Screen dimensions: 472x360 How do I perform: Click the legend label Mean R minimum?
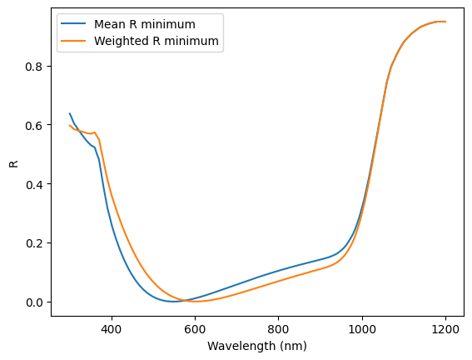[x=145, y=24]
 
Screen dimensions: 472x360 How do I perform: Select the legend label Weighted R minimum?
[x=157, y=41]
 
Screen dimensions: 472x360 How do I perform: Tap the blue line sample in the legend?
[x=73, y=24]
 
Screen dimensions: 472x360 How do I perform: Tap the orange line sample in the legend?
[x=73, y=41]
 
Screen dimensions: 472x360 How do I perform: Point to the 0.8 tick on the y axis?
[x=33, y=67]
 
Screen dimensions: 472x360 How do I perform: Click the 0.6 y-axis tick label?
[x=33, y=125]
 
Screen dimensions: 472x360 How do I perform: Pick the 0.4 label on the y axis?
[x=33, y=184]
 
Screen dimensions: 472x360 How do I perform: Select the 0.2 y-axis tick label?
[x=33, y=243]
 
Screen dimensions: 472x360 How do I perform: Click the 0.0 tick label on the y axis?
[x=33, y=302]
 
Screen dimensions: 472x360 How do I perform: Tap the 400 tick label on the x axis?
[x=112, y=329]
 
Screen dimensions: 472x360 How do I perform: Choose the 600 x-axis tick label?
[x=195, y=329]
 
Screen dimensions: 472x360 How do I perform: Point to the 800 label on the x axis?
[x=278, y=329]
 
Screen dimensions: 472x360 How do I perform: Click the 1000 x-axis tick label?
[x=362, y=329]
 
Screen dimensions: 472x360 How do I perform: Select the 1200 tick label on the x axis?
[x=445, y=329]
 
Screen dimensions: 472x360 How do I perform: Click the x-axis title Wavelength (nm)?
[x=257, y=346]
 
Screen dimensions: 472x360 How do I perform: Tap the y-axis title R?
[x=14, y=164]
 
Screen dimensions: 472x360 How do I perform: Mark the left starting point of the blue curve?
[x=70, y=113]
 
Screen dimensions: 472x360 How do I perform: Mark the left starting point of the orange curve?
[x=70, y=125]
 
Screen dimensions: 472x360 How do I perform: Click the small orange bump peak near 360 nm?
[x=95, y=132]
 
